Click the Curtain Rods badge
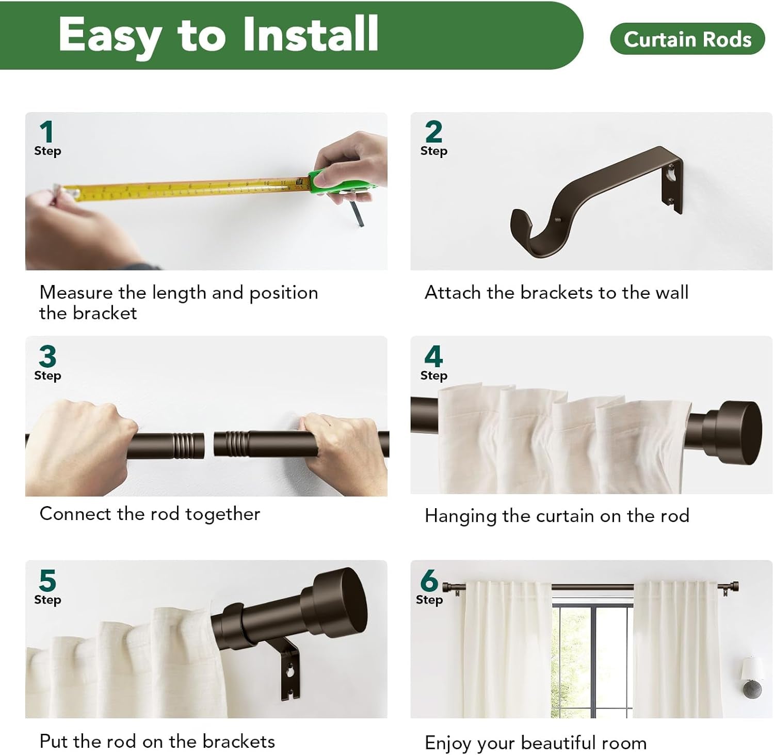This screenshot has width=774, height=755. click(x=687, y=39)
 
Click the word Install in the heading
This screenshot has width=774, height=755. click(x=311, y=34)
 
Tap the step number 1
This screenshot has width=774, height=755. click(x=46, y=132)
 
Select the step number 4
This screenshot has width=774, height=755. click(x=433, y=356)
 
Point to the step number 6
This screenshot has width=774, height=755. click(x=429, y=580)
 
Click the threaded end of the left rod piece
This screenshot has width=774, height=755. click(x=189, y=446)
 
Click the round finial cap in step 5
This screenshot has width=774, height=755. click(x=341, y=599)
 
